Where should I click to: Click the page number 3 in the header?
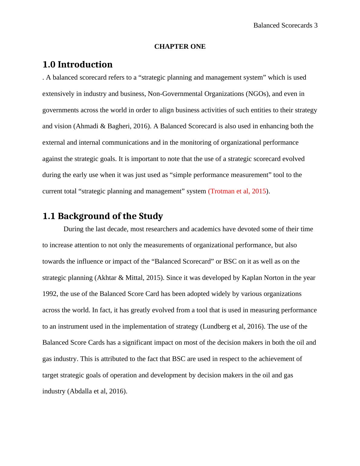[x=316, y=25]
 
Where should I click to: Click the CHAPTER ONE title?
[x=180, y=47]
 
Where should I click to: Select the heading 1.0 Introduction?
[x=77, y=64]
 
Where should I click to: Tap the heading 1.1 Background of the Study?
[x=103, y=216]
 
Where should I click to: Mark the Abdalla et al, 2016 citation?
[x=97, y=391]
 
